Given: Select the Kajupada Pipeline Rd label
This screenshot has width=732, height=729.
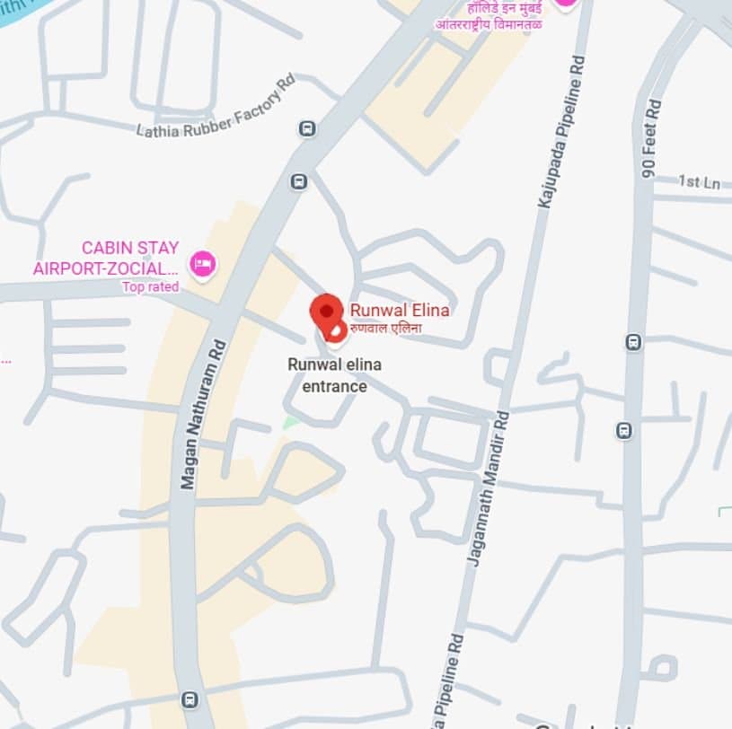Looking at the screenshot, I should (560, 132).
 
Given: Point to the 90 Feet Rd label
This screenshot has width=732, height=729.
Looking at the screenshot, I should (651, 139).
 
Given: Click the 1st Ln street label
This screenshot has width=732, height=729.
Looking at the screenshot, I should (700, 182).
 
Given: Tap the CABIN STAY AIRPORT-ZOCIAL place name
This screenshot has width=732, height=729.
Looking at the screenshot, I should (106, 258).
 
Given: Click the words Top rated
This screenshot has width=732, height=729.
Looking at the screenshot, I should (151, 287).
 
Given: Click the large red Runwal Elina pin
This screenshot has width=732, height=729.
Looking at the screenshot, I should (326, 311).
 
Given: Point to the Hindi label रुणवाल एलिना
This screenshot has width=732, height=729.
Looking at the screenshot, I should (385, 328).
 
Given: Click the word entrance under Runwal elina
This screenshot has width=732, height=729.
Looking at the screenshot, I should (335, 387).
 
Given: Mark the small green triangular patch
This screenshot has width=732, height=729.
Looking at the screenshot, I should (289, 421).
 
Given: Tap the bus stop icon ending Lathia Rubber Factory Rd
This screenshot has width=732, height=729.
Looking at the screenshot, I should (307, 128).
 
